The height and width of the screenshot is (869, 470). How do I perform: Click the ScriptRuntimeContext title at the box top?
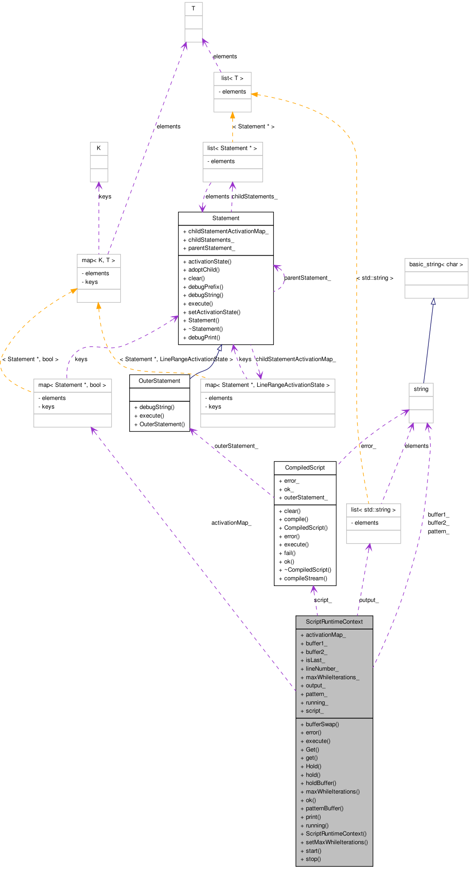coord(334,622)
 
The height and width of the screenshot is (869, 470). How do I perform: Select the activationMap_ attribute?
coord(325,635)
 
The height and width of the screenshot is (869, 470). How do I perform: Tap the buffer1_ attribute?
coord(316,644)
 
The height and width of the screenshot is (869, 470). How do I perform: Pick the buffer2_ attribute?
coord(316,652)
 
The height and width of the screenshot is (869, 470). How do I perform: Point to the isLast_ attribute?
coord(315,660)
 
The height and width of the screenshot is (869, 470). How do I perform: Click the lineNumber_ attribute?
coord(322,669)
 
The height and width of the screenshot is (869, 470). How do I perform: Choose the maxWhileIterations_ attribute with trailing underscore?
coord(332,677)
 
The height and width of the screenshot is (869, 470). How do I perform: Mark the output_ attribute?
coord(315,686)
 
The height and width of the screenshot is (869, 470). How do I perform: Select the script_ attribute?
coord(315,711)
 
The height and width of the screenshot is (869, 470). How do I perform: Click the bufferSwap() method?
coord(322,724)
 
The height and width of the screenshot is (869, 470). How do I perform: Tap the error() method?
coord(313,733)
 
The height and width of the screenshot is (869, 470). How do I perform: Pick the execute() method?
coord(318,741)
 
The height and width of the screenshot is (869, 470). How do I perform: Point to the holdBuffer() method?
coord(321,783)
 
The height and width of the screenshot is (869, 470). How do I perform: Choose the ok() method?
coord(310,800)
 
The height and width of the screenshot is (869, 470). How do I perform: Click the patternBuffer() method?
coord(324,808)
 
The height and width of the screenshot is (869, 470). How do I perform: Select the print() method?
coord(313,817)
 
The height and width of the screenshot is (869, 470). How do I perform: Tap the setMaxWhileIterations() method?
coord(337,842)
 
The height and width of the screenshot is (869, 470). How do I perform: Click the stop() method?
coord(313,859)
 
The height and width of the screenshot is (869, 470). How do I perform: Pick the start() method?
coord(313,851)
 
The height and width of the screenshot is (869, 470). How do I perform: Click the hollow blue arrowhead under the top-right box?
coord(433,302)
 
